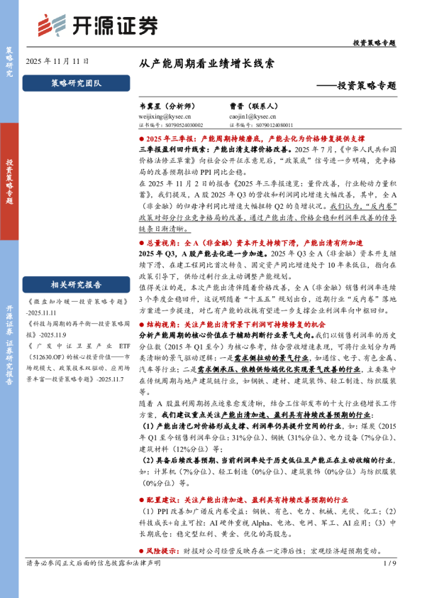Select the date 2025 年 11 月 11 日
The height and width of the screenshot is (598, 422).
pos(58,62)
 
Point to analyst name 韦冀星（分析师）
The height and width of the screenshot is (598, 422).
pos(164,105)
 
